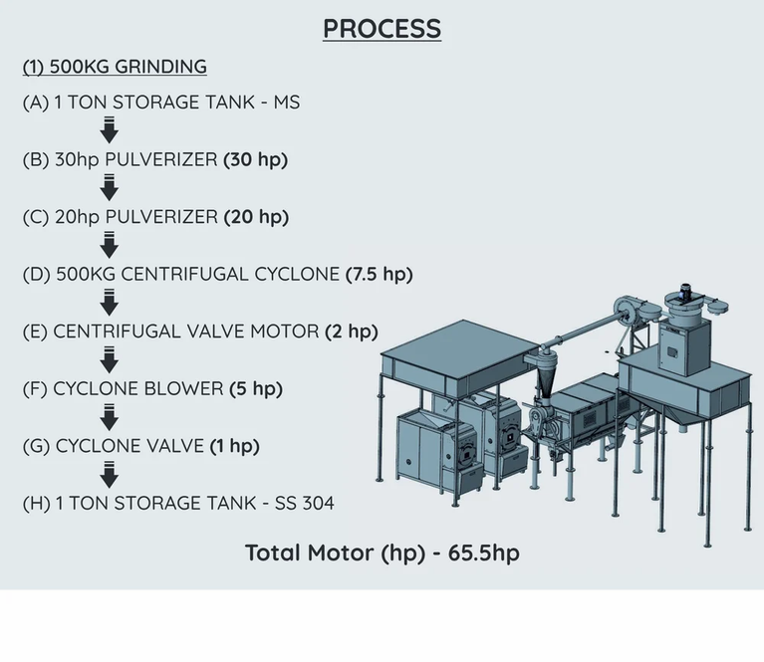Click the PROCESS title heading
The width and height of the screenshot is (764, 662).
click(x=382, y=28)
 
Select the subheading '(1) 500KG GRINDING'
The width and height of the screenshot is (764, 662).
click(x=115, y=67)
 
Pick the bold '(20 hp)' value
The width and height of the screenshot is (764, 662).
click(x=256, y=216)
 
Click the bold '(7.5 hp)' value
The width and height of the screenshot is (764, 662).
click(x=379, y=274)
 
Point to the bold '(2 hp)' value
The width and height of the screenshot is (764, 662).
click(x=351, y=331)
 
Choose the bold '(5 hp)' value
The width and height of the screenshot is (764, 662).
click(x=255, y=388)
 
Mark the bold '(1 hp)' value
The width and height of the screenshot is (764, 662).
click(x=234, y=446)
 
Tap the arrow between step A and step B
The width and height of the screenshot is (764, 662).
click(x=111, y=129)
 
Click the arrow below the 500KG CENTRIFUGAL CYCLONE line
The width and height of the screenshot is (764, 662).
click(x=111, y=302)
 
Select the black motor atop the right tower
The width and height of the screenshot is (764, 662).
click(x=688, y=292)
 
